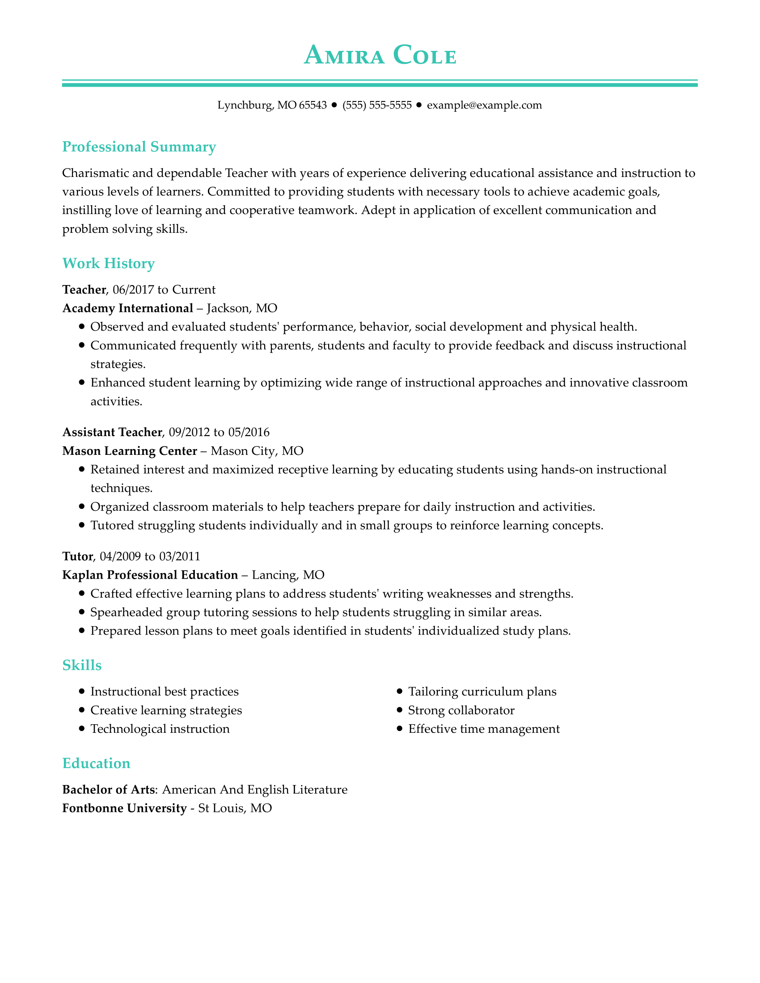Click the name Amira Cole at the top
[x=380, y=56]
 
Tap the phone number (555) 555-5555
[x=377, y=105]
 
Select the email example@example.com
[x=484, y=105]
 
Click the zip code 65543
[x=313, y=105]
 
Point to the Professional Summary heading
[x=139, y=147]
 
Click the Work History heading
[x=109, y=264]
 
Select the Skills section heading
[x=82, y=665]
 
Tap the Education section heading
[x=97, y=763]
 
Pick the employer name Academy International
[x=127, y=308]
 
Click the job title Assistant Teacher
[x=112, y=433]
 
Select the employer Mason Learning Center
[x=130, y=451]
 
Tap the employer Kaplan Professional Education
[x=150, y=575]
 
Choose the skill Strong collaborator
[x=461, y=710]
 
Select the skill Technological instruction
[x=160, y=729]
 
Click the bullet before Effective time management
[x=399, y=729]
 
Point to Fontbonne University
[x=124, y=808]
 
